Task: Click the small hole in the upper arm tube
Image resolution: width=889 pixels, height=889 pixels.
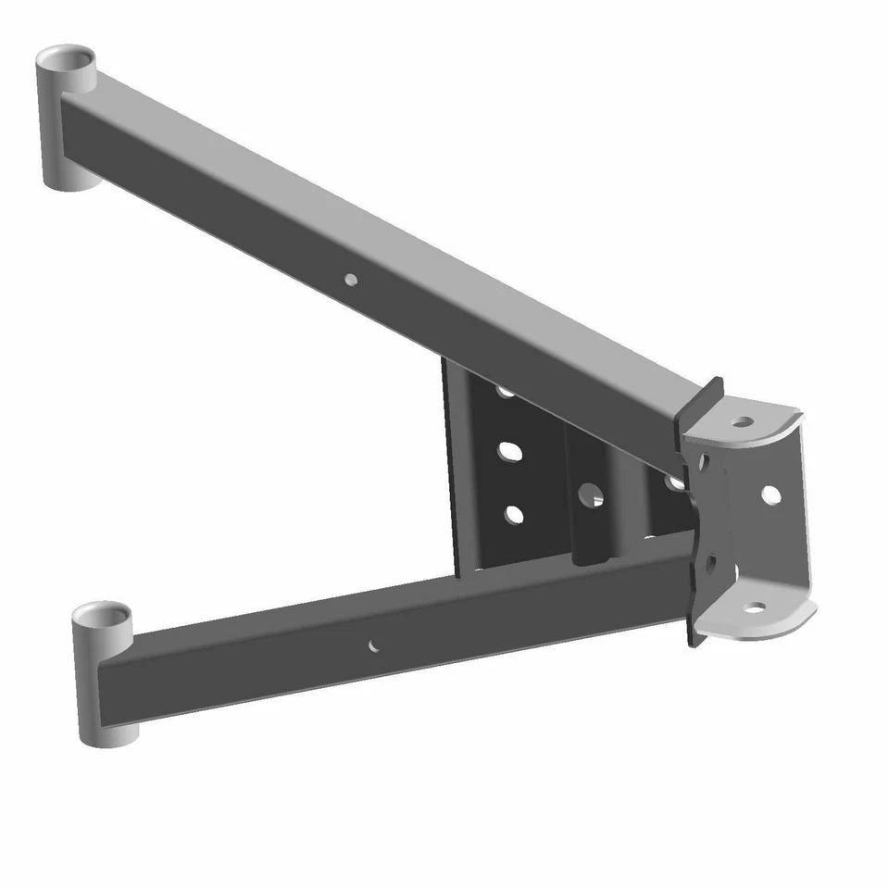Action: (x=350, y=278)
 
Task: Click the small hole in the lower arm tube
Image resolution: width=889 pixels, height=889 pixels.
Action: (x=373, y=645)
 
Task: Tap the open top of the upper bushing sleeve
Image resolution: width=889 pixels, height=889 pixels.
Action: (x=68, y=62)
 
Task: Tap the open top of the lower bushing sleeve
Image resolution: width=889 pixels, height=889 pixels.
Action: (x=103, y=617)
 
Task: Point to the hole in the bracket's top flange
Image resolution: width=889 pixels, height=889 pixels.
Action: (x=741, y=422)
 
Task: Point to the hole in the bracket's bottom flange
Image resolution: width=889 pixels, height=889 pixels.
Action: (x=756, y=609)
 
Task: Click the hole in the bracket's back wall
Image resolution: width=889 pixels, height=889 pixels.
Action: (x=770, y=495)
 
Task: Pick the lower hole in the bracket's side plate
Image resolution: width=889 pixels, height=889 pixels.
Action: (x=711, y=561)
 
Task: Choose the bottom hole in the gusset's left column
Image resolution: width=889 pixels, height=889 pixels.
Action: (x=514, y=514)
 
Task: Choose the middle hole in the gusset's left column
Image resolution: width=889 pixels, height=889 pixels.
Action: (x=509, y=452)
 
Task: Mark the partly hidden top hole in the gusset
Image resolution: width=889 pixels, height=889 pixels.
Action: (x=506, y=391)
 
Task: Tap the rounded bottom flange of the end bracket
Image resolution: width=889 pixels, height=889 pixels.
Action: (x=759, y=619)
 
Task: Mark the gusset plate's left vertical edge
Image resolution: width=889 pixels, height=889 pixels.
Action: (x=450, y=463)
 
